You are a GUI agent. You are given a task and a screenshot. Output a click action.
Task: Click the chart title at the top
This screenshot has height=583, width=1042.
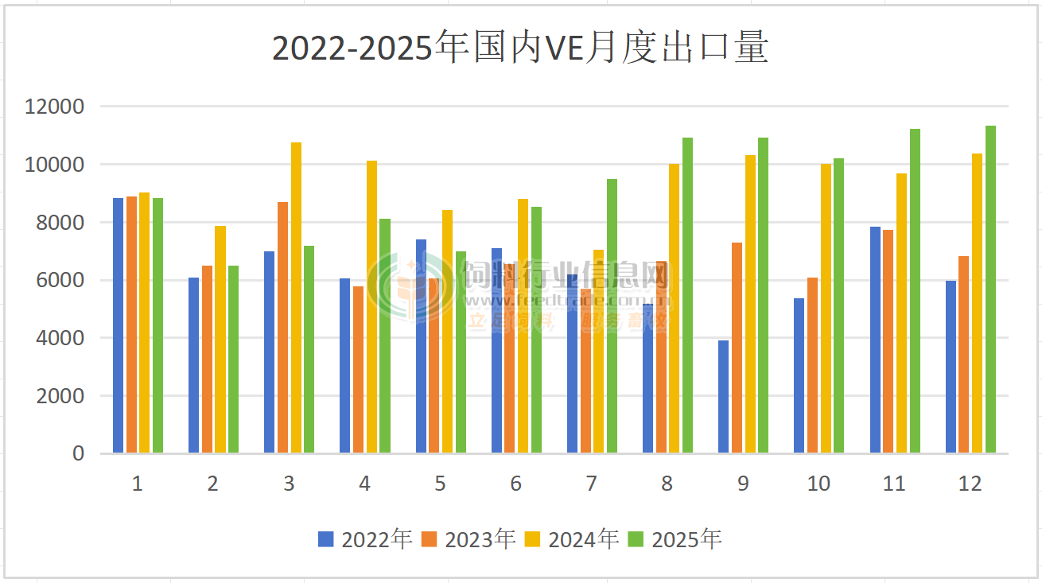click(x=520, y=48)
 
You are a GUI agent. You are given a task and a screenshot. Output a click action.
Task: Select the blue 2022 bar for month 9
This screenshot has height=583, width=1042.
click(x=723, y=397)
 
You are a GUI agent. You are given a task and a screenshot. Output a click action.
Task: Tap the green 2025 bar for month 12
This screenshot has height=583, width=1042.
click(x=990, y=290)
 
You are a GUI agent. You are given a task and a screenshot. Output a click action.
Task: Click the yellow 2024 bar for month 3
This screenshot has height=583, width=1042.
click(x=296, y=297)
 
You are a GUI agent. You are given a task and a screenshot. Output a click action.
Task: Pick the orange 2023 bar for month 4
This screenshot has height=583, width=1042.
click(x=359, y=370)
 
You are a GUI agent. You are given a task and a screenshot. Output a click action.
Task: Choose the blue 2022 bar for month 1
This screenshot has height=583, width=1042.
click(x=118, y=325)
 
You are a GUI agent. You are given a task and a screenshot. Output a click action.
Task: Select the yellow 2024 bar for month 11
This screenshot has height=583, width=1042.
click(x=901, y=313)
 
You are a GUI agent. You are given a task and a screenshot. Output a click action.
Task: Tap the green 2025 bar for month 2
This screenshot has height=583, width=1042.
click(x=233, y=360)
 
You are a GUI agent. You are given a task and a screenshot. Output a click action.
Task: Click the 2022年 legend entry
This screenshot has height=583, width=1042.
click(x=365, y=539)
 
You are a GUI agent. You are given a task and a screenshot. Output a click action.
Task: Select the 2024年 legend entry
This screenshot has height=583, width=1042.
click(x=572, y=539)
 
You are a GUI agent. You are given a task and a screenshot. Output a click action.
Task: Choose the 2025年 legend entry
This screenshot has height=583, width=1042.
click(x=675, y=539)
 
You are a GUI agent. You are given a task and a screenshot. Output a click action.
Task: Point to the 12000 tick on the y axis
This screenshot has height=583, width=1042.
click(x=55, y=107)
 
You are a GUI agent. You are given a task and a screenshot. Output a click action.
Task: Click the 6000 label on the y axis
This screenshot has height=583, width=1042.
click(x=61, y=280)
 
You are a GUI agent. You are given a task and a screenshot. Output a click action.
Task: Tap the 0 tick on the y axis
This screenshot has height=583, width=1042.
click(x=78, y=453)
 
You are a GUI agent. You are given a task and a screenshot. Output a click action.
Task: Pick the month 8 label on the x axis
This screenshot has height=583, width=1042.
click(x=667, y=484)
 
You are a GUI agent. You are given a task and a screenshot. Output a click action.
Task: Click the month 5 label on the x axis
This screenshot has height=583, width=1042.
click(x=440, y=484)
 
